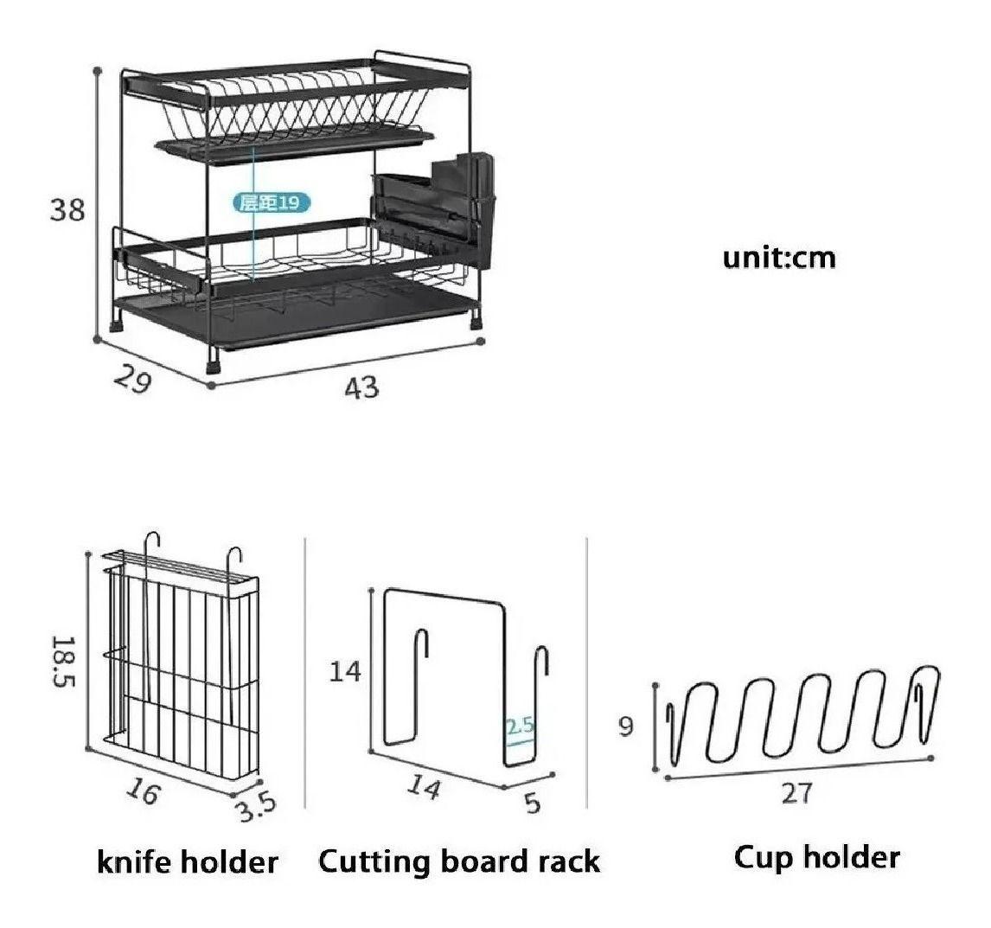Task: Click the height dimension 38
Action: pyautogui.click(x=67, y=209)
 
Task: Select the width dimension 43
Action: pyautogui.click(x=361, y=387)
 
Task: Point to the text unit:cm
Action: pyautogui.click(x=779, y=258)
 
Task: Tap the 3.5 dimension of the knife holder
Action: pyautogui.click(x=256, y=806)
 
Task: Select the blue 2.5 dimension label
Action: pyautogui.click(x=520, y=726)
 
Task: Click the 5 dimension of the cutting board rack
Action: pyautogui.click(x=533, y=802)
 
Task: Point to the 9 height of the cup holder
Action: pyautogui.click(x=625, y=726)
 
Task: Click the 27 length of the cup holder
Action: pyautogui.click(x=796, y=792)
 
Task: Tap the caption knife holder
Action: pyautogui.click(x=188, y=861)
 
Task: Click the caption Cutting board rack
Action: pyautogui.click(x=458, y=861)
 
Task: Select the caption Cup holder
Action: pyautogui.click(x=816, y=857)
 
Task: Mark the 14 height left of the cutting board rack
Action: pyautogui.click(x=345, y=670)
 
